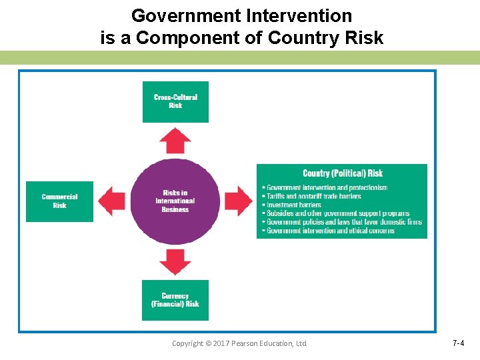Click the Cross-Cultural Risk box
(x=175, y=101)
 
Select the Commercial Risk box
(x=59, y=201)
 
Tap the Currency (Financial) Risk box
(x=175, y=300)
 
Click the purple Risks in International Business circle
(x=175, y=201)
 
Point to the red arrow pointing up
(x=175, y=141)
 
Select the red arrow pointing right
(x=238, y=201)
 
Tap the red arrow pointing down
(x=175, y=261)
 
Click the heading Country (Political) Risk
(x=342, y=174)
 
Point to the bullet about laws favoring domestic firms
(x=343, y=222)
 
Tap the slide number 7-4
(x=458, y=343)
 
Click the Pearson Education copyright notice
(x=239, y=343)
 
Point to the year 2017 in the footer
(x=218, y=343)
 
